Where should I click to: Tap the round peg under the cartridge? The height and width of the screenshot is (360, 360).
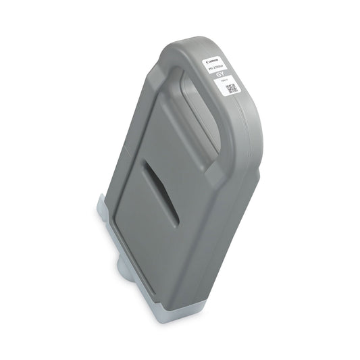coord(123,269)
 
